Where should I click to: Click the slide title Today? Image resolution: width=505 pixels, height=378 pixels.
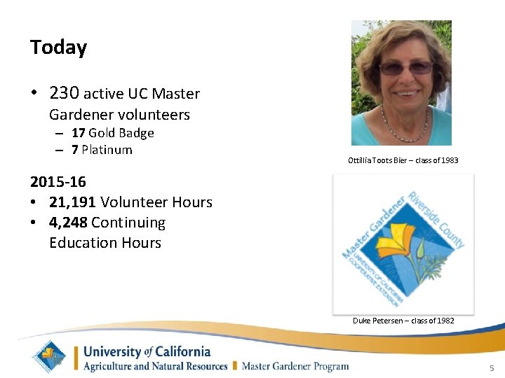(58, 48)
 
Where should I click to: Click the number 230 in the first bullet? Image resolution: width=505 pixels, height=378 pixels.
(65, 93)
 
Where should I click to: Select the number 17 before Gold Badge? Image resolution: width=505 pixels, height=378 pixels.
(78, 133)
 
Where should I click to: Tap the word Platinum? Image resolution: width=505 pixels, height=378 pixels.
(107, 150)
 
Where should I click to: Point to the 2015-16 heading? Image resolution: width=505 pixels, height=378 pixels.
(58, 182)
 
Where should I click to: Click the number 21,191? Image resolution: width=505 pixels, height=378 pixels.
(72, 202)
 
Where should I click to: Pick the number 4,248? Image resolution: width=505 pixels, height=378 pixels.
(67, 223)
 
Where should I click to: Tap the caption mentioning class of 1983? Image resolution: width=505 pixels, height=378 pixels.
(403, 160)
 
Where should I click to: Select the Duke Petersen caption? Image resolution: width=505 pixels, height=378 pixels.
(403, 321)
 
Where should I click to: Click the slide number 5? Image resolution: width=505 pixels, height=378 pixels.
(492, 368)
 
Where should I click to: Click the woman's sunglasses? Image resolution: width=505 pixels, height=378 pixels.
(405, 69)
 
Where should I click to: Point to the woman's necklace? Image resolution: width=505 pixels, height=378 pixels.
(402, 122)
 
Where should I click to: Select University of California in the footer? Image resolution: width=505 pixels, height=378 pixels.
(147, 351)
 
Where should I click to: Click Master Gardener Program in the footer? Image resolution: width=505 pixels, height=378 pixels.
(295, 366)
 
